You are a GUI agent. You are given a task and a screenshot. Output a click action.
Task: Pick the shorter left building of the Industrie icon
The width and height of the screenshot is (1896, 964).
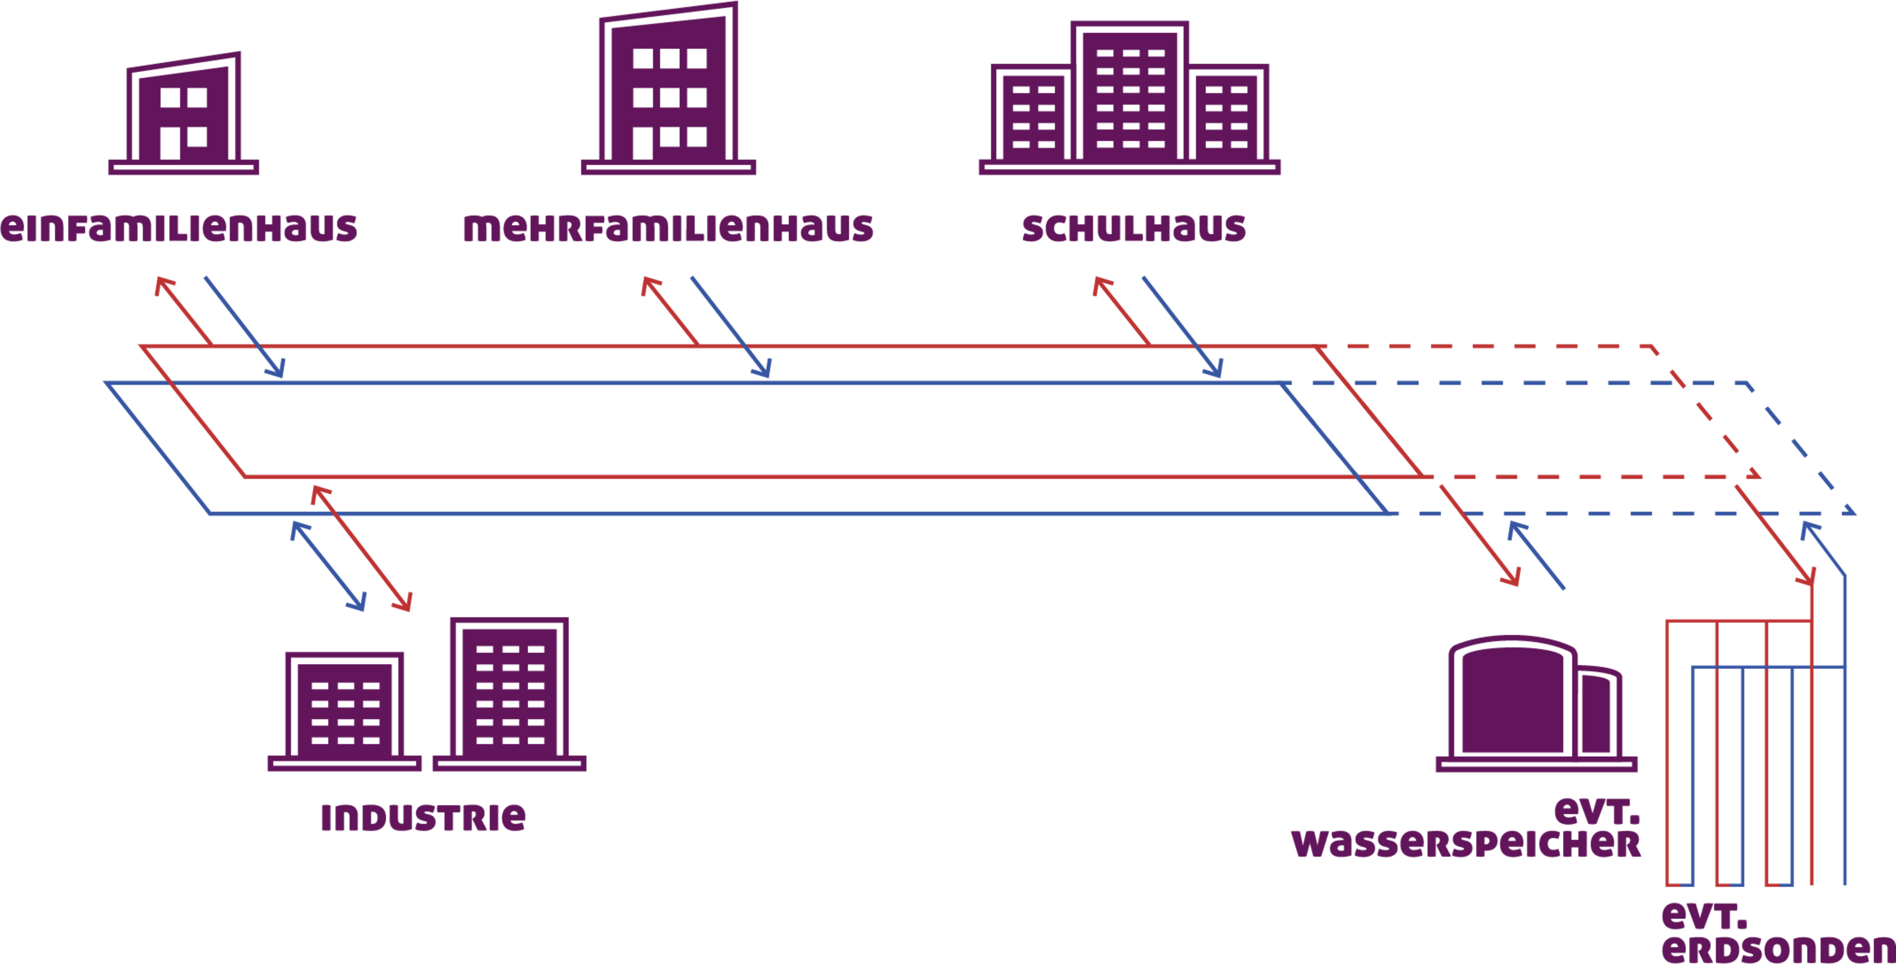pyautogui.click(x=344, y=706)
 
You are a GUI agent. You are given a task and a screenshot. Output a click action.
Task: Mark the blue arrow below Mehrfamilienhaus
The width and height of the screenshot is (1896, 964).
pyautogui.click(x=731, y=328)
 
